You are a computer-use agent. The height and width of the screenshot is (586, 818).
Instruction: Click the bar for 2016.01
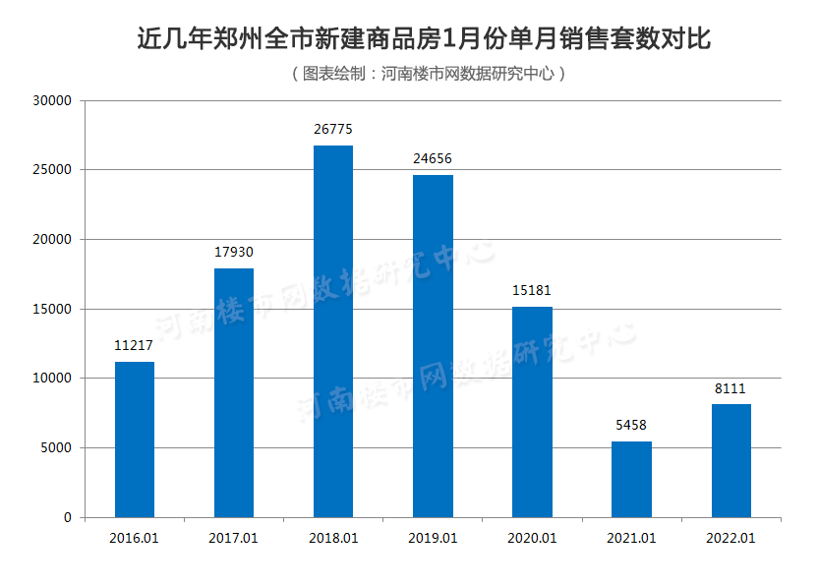coord(135,439)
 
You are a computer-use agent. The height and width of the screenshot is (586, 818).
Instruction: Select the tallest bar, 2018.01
coord(333,331)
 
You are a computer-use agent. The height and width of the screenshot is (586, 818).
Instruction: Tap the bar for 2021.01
coord(631,479)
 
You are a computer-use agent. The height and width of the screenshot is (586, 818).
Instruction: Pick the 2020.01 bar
coord(532,412)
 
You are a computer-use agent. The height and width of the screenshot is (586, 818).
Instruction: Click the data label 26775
coord(333,130)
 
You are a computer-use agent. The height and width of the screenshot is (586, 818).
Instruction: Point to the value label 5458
coord(631,426)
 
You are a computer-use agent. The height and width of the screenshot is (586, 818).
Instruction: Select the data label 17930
coord(234,253)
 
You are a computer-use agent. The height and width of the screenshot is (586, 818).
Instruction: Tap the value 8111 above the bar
coord(730,388)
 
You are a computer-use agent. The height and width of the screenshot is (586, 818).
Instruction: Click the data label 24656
coord(433,159)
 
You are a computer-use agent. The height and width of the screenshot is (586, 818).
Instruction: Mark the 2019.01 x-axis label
coord(433,538)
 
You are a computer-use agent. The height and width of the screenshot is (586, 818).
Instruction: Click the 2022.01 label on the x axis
coord(730,538)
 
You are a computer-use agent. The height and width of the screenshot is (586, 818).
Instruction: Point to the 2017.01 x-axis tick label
coord(234,538)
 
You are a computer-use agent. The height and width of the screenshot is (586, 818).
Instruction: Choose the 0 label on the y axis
coord(68,517)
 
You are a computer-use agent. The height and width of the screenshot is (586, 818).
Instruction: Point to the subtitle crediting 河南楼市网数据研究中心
coord(429,74)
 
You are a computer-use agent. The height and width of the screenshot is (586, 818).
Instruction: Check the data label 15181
coord(532,291)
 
